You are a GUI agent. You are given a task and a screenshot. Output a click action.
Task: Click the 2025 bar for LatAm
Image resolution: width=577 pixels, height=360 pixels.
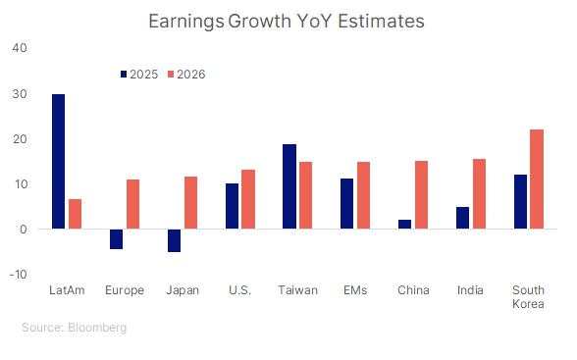tap(58, 162)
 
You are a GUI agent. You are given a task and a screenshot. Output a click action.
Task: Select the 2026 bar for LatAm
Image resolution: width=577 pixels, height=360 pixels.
tap(76, 214)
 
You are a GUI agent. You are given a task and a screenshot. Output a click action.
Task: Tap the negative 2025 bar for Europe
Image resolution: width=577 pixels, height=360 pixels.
tap(116, 238)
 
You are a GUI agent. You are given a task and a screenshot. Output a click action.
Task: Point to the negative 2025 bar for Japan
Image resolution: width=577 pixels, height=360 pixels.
tap(174, 240)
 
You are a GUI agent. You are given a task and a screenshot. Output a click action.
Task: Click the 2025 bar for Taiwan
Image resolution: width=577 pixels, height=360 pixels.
tap(289, 186)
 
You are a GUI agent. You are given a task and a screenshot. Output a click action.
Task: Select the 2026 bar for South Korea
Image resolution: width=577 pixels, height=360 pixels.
tap(537, 180)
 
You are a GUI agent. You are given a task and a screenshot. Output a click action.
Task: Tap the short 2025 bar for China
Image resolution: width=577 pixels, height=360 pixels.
tap(404, 225)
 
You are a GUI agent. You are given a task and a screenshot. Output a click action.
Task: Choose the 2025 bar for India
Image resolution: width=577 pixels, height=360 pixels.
tap(462, 218)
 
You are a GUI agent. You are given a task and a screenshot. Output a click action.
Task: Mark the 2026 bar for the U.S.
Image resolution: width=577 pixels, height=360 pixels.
tap(248, 199)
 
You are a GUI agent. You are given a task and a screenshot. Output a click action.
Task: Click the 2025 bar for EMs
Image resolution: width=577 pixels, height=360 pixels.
tap(346, 204)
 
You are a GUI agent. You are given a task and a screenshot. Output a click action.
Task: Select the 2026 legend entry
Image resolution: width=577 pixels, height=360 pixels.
tap(187, 75)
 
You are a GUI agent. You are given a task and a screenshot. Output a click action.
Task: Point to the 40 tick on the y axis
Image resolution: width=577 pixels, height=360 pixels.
tap(21, 48)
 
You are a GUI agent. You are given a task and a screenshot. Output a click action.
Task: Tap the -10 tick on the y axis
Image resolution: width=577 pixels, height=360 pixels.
tap(19, 275)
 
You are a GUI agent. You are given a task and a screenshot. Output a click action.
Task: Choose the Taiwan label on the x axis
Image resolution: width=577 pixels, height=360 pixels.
tap(298, 290)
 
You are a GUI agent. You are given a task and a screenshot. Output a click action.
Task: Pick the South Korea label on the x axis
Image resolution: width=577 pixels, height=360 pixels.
tap(529, 297)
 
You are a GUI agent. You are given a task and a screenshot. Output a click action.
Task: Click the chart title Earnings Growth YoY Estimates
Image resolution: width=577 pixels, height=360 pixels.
tap(288, 20)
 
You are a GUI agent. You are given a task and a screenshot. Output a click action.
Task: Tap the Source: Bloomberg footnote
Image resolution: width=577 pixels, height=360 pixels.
tap(74, 328)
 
